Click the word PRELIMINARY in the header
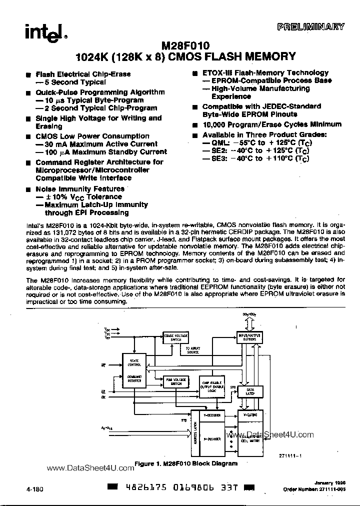click(310, 27)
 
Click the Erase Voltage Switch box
click(176, 337)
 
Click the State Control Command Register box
click(134, 371)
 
